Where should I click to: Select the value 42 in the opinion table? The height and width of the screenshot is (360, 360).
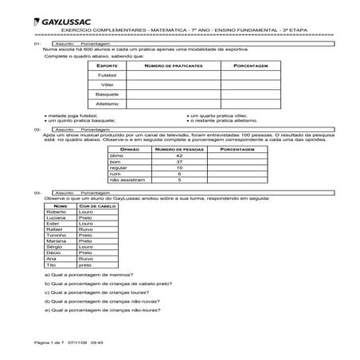pyautogui.click(x=179, y=155)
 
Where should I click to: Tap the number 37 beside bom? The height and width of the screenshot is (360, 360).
pyautogui.click(x=179, y=161)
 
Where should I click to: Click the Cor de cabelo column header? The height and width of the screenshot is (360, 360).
pyautogui.click(x=99, y=205)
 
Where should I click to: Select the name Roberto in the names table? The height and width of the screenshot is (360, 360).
pyautogui.click(x=57, y=212)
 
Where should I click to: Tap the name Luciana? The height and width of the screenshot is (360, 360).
pyautogui.click(x=57, y=218)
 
